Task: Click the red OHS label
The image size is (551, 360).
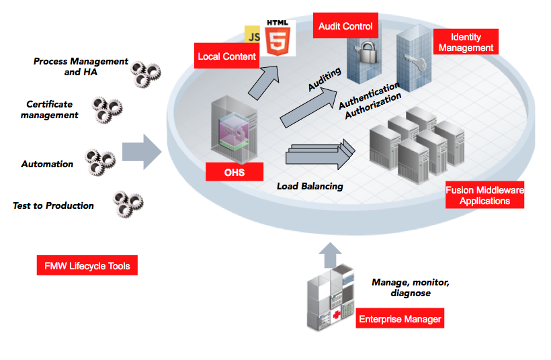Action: pos(235,173)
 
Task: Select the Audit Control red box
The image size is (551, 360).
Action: pos(345,26)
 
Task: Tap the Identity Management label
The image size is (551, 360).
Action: pos(466,42)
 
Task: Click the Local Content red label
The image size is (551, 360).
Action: pos(227,56)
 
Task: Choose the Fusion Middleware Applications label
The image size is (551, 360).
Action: pos(484,195)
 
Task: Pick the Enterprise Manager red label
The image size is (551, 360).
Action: pos(400,319)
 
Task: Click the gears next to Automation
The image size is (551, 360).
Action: pos(99,162)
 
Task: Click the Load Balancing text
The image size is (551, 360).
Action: pos(310,186)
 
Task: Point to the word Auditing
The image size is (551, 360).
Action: pos(325,79)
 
